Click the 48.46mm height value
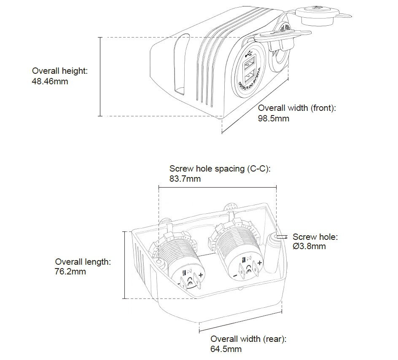point(50,81)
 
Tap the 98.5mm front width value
point(273,118)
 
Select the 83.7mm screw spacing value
point(185,179)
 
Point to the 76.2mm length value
point(70,272)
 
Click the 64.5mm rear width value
point(226,349)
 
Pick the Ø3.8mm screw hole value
point(309,247)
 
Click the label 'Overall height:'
point(60,71)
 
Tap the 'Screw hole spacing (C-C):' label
point(219,169)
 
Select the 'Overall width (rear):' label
point(248,339)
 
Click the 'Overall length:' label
point(83,262)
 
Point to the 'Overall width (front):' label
point(296,108)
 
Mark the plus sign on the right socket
point(260,263)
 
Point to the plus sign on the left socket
point(201,275)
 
